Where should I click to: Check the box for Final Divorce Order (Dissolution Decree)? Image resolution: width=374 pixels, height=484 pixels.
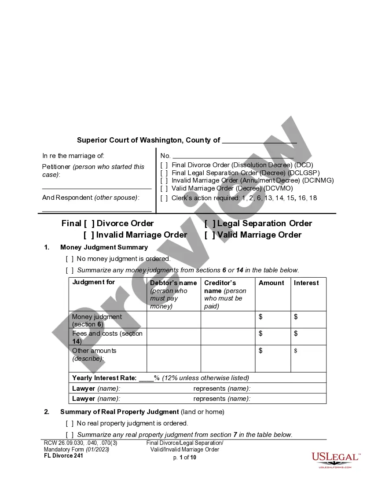(164, 165)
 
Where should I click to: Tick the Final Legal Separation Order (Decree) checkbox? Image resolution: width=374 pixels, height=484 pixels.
(164, 173)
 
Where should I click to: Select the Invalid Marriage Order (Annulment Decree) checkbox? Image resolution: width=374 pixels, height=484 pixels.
(164, 180)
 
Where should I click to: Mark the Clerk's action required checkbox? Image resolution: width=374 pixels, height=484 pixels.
(164, 198)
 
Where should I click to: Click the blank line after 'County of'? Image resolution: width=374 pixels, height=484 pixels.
(259, 141)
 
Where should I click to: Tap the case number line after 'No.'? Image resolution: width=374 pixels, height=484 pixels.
(233, 156)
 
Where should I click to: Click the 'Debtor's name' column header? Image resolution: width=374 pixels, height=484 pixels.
(173, 283)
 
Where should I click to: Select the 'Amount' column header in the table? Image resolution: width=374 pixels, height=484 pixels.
(271, 283)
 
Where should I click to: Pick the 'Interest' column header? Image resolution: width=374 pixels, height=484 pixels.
(306, 283)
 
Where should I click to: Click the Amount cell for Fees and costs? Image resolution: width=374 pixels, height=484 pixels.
(273, 337)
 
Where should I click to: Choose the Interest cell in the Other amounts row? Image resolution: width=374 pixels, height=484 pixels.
(308, 359)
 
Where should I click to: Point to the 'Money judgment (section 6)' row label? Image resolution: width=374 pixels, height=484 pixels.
(97, 320)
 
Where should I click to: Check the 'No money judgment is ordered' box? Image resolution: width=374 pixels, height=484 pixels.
(70, 259)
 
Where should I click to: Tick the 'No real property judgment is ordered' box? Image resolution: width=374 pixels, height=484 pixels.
(70, 423)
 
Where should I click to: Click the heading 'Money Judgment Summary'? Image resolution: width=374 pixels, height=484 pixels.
(104, 247)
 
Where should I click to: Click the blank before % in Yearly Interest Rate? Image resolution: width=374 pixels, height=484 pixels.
(146, 378)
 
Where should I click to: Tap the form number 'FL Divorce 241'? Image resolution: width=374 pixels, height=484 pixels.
(63, 455)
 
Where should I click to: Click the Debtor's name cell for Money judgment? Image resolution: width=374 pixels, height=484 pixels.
(174, 320)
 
